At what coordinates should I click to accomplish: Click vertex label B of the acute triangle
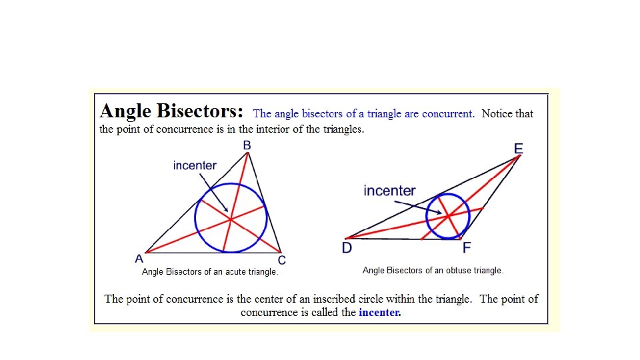(x=247, y=145)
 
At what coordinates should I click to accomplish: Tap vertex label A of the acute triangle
(x=139, y=259)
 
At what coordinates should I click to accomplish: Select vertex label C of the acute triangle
(x=282, y=260)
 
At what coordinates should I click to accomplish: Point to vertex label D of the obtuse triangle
(x=347, y=248)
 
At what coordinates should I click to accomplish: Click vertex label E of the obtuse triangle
(x=519, y=147)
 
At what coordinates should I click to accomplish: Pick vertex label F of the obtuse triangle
(x=467, y=248)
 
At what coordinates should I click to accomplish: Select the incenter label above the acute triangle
(x=195, y=165)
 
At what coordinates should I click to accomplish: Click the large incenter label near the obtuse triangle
(x=389, y=191)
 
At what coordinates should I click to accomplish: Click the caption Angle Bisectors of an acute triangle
(x=210, y=272)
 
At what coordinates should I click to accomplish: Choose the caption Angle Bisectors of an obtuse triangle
(x=433, y=271)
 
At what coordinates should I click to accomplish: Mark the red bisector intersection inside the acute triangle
(x=230, y=218)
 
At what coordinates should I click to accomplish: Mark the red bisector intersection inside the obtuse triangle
(x=448, y=216)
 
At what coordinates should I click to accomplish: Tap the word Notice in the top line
(x=497, y=114)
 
